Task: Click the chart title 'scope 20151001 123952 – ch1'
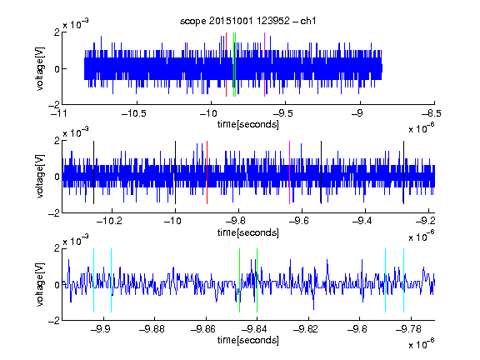(247, 21)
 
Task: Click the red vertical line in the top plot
(226, 64)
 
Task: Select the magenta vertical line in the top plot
(264, 64)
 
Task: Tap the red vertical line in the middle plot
(207, 172)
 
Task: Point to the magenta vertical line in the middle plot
(290, 172)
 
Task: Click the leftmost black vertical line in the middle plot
(93, 172)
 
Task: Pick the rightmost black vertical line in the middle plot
(404, 172)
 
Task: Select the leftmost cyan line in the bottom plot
(93, 280)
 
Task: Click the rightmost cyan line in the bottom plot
(404, 280)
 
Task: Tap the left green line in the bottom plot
(240, 280)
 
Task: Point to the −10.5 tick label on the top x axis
(134, 113)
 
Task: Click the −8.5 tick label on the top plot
(432, 113)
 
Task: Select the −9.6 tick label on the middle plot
(299, 221)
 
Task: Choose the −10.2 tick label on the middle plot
(109, 221)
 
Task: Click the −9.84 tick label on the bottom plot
(254, 329)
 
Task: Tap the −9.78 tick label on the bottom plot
(408, 329)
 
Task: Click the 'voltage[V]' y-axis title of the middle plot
(40, 177)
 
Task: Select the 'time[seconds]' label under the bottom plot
(248, 340)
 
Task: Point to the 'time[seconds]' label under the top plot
(248, 124)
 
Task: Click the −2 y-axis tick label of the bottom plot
(54, 321)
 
